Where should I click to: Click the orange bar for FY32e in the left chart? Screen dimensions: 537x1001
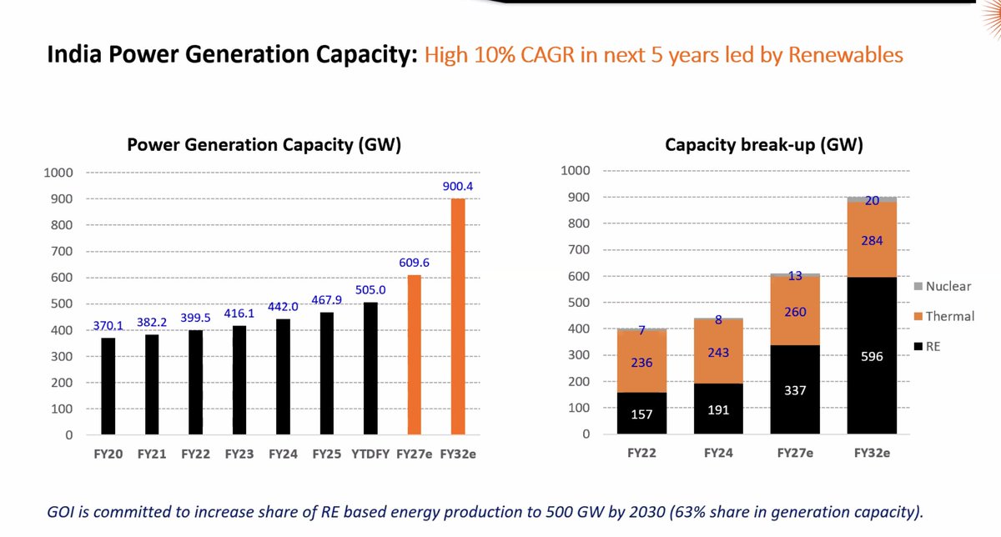(x=457, y=317)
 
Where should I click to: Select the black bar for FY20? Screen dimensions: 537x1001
(x=108, y=386)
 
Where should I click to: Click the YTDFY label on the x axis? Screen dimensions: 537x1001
(x=370, y=455)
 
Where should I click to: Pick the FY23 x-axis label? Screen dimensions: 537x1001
(x=239, y=455)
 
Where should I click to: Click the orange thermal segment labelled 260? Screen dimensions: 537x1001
(x=795, y=310)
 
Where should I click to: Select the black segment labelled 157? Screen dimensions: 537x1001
(x=642, y=414)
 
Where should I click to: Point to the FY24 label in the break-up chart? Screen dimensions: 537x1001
(x=719, y=454)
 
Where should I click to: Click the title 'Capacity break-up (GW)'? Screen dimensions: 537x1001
(x=763, y=145)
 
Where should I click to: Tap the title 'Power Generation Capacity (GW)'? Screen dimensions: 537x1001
(x=264, y=144)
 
